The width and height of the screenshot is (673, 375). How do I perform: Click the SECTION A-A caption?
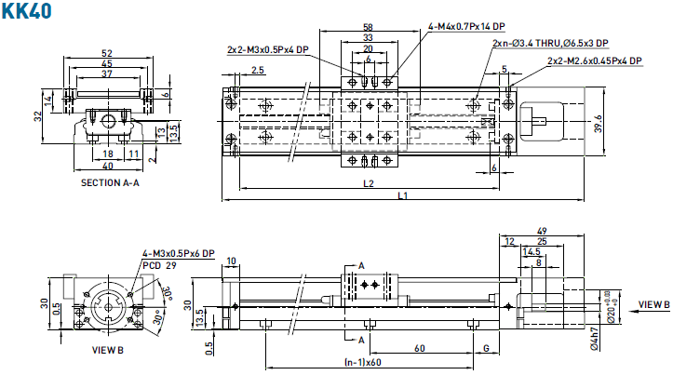pos(110,182)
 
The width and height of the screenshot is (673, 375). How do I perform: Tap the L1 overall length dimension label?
pos(402,195)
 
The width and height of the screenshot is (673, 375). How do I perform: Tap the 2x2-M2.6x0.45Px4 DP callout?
pos(595,60)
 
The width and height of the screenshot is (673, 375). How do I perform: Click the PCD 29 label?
pos(160,265)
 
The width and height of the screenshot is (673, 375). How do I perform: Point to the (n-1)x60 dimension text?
pos(363,362)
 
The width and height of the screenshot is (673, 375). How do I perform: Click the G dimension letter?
pos(487,348)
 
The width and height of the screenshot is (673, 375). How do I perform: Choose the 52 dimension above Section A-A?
pos(107,53)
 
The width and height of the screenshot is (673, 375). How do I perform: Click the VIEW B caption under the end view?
pos(109,350)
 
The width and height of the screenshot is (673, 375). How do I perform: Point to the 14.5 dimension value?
pos(532,251)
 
